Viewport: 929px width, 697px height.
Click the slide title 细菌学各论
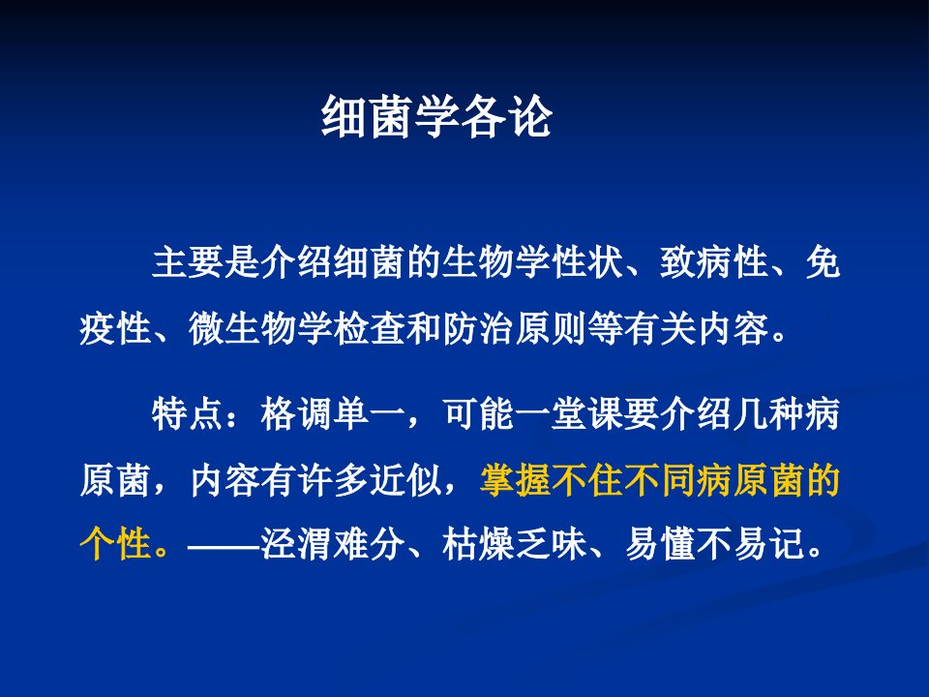pyautogui.click(x=436, y=116)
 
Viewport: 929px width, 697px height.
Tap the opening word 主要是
pyautogui.click(x=205, y=261)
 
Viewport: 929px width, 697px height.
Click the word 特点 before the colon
pyautogui.click(x=187, y=413)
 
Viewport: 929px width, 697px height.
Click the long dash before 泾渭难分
pyautogui.click(x=224, y=543)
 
